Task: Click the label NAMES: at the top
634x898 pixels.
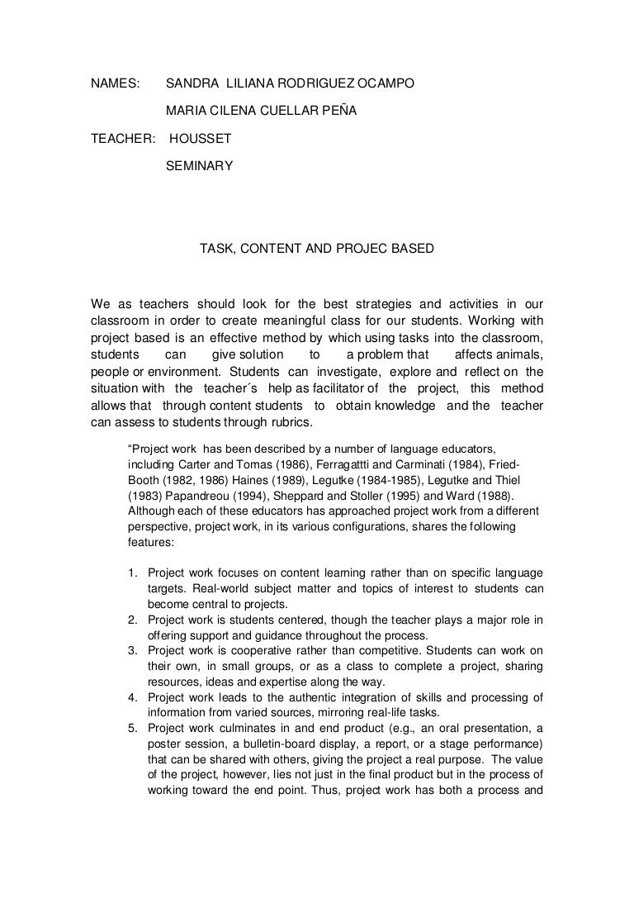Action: [x=115, y=83]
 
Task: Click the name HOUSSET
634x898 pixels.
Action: [x=201, y=138]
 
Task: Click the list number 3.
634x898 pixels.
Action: [x=132, y=650]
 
